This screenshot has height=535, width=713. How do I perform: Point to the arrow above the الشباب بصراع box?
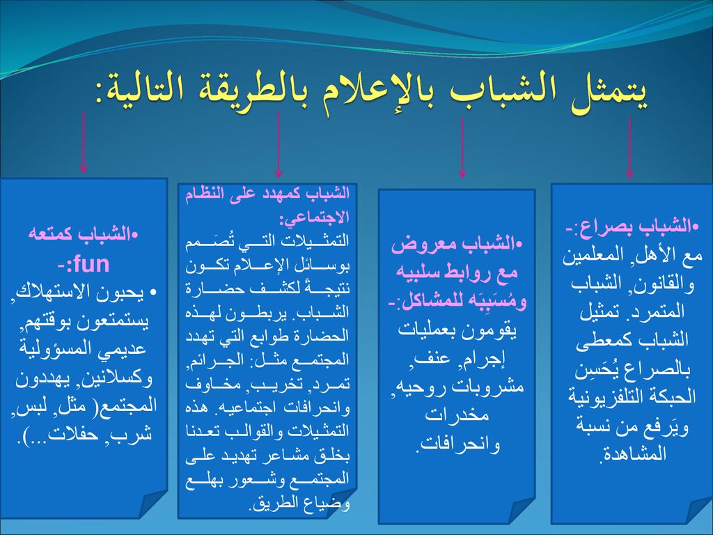point(629,148)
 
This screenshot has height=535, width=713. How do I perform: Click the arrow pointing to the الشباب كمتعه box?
point(83,142)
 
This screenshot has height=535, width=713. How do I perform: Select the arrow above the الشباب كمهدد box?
point(279,145)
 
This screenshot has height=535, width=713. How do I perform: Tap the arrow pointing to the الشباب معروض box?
point(462,148)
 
